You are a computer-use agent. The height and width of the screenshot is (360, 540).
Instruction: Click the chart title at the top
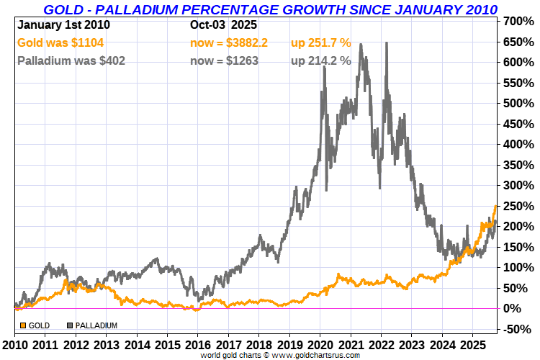[270, 9]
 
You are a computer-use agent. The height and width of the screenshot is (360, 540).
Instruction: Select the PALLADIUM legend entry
[94, 325]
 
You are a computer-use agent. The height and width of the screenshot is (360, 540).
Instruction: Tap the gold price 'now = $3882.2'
[229, 43]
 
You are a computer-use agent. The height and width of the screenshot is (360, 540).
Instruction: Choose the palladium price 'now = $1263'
[224, 60]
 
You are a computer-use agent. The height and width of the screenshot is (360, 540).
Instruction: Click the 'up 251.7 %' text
[321, 43]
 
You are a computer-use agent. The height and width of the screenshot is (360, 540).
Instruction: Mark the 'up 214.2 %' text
[321, 60]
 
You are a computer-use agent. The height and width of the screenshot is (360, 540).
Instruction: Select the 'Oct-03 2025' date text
[222, 24]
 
